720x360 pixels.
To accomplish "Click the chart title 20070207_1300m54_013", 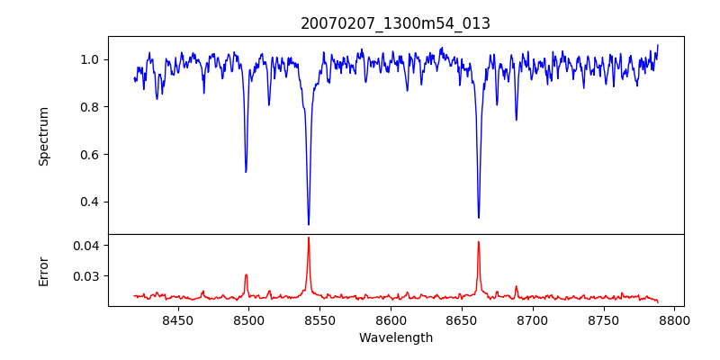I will coord(395,23).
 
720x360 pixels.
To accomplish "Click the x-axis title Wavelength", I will coord(395,338).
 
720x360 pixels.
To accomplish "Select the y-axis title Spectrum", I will coord(44,136).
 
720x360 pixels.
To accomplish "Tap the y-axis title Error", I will coord(44,271).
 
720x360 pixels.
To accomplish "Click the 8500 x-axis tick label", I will coord(248,320).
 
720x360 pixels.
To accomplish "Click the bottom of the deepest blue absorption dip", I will coord(309,224).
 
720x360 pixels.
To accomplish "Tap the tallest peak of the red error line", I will coord(309,238).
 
